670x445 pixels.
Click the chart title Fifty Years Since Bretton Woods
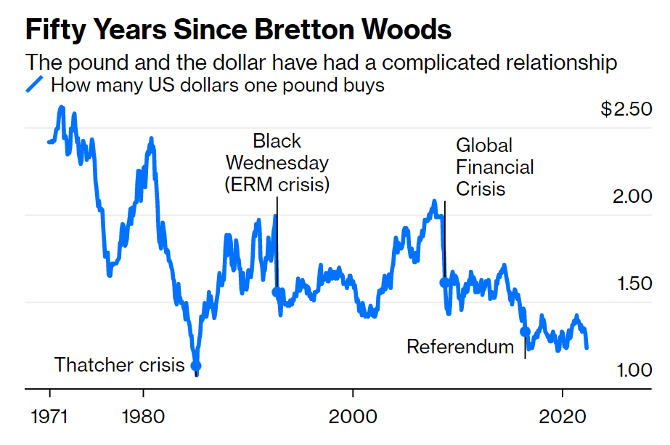(x=238, y=31)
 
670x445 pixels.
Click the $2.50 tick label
(x=626, y=110)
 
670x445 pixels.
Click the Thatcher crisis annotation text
(x=120, y=365)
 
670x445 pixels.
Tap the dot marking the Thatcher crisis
(x=195, y=366)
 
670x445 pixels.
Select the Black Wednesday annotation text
(x=277, y=162)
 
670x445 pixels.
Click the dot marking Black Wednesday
(x=277, y=292)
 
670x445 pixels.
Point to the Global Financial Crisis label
(x=494, y=167)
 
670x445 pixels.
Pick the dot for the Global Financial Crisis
(x=444, y=282)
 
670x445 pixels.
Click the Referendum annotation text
(x=460, y=347)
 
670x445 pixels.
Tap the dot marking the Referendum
(x=525, y=332)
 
